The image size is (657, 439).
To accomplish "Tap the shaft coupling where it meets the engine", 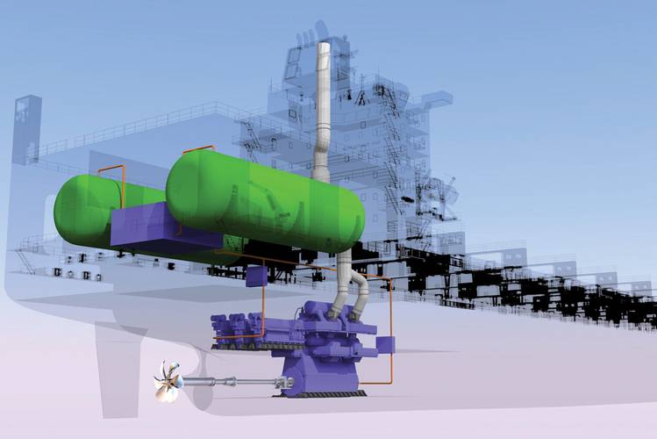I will [x=283, y=381].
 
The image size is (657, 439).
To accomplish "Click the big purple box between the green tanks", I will [x=145, y=227].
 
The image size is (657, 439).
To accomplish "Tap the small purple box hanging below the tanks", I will [x=255, y=276].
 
